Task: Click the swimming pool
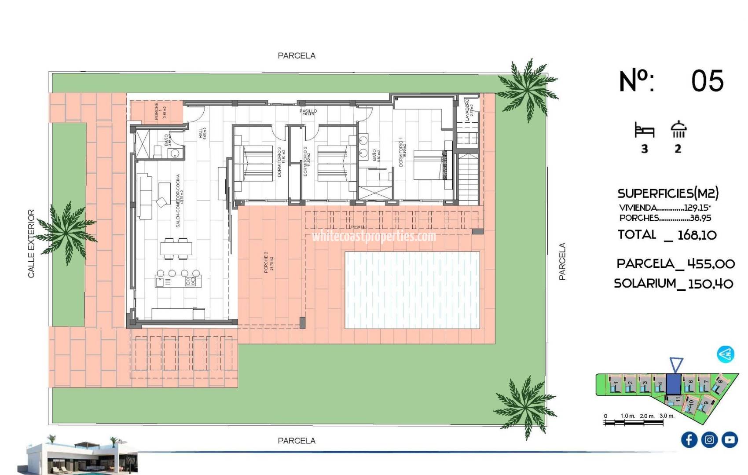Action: point(412,290)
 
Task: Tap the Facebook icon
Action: point(689,439)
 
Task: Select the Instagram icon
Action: point(709,439)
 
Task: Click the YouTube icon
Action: point(730,439)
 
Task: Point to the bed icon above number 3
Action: point(644,131)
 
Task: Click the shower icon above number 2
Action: point(678,129)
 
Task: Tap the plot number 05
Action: point(707,81)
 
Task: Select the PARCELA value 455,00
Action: point(711,264)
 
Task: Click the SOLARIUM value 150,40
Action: point(711,284)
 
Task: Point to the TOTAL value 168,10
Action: point(697,235)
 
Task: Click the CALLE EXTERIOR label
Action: point(31,243)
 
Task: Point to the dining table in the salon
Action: point(176,249)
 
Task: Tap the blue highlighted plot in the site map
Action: point(673,384)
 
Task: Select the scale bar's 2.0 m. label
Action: point(647,416)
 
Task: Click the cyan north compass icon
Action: point(725,354)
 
